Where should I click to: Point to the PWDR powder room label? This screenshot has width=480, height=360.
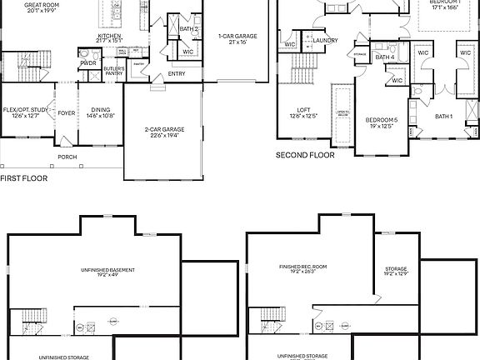pyautogui.click(x=87, y=62)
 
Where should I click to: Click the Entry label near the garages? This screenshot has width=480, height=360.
pyautogui.click(x=176, y=73)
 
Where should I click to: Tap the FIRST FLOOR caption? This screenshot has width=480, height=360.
pyautogui.click(x=23, y=178)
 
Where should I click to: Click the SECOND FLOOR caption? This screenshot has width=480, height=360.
pyautogui.click(x=305, y=155)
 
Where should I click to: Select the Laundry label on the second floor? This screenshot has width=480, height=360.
pyautogui.click(x=325, y=40)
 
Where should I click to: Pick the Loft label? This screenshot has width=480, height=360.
pyautogui.click(x=304, y=109)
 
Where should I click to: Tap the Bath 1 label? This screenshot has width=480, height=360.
pyautogui.click(x=443, y=116)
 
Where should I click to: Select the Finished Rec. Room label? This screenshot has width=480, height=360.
pyautogui.click(x=302, y=267)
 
